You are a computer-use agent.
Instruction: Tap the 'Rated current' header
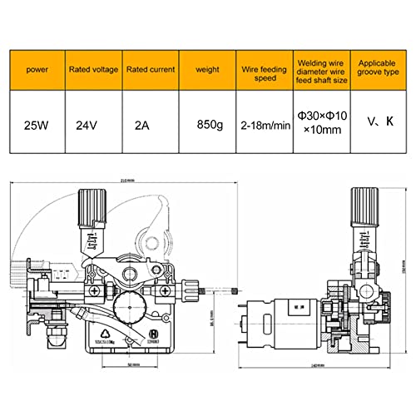150,71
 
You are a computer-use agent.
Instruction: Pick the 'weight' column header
207,71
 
